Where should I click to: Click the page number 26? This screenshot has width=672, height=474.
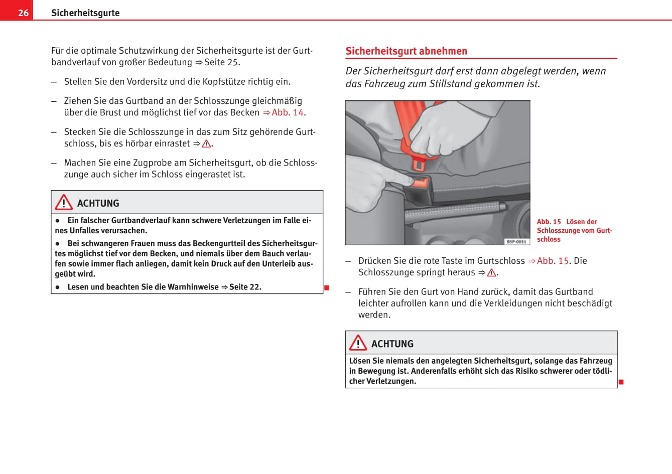(23, 13)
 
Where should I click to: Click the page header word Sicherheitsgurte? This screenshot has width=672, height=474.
(85, 13)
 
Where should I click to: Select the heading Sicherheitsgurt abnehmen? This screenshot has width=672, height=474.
(406, 51)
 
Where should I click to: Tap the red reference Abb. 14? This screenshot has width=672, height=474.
(288, 112)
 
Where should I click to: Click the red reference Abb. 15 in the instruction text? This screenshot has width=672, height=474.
(553, 261)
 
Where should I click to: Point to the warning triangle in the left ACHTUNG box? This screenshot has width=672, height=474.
(64, 202)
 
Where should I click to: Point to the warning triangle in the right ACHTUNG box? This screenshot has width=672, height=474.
(358, 343)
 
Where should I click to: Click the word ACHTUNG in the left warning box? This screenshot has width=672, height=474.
(98, 203)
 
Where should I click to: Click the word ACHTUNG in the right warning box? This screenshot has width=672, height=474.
(392, 344)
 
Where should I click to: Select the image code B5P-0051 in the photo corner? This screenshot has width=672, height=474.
(516, 242)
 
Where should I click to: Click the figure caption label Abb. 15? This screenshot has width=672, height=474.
(549, 222)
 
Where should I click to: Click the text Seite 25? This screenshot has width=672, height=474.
(222, 62)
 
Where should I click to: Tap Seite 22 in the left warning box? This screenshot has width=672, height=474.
(245, 287)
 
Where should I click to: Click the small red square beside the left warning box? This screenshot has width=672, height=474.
(327, 287)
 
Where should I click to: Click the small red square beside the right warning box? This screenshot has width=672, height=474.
(621, 382)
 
